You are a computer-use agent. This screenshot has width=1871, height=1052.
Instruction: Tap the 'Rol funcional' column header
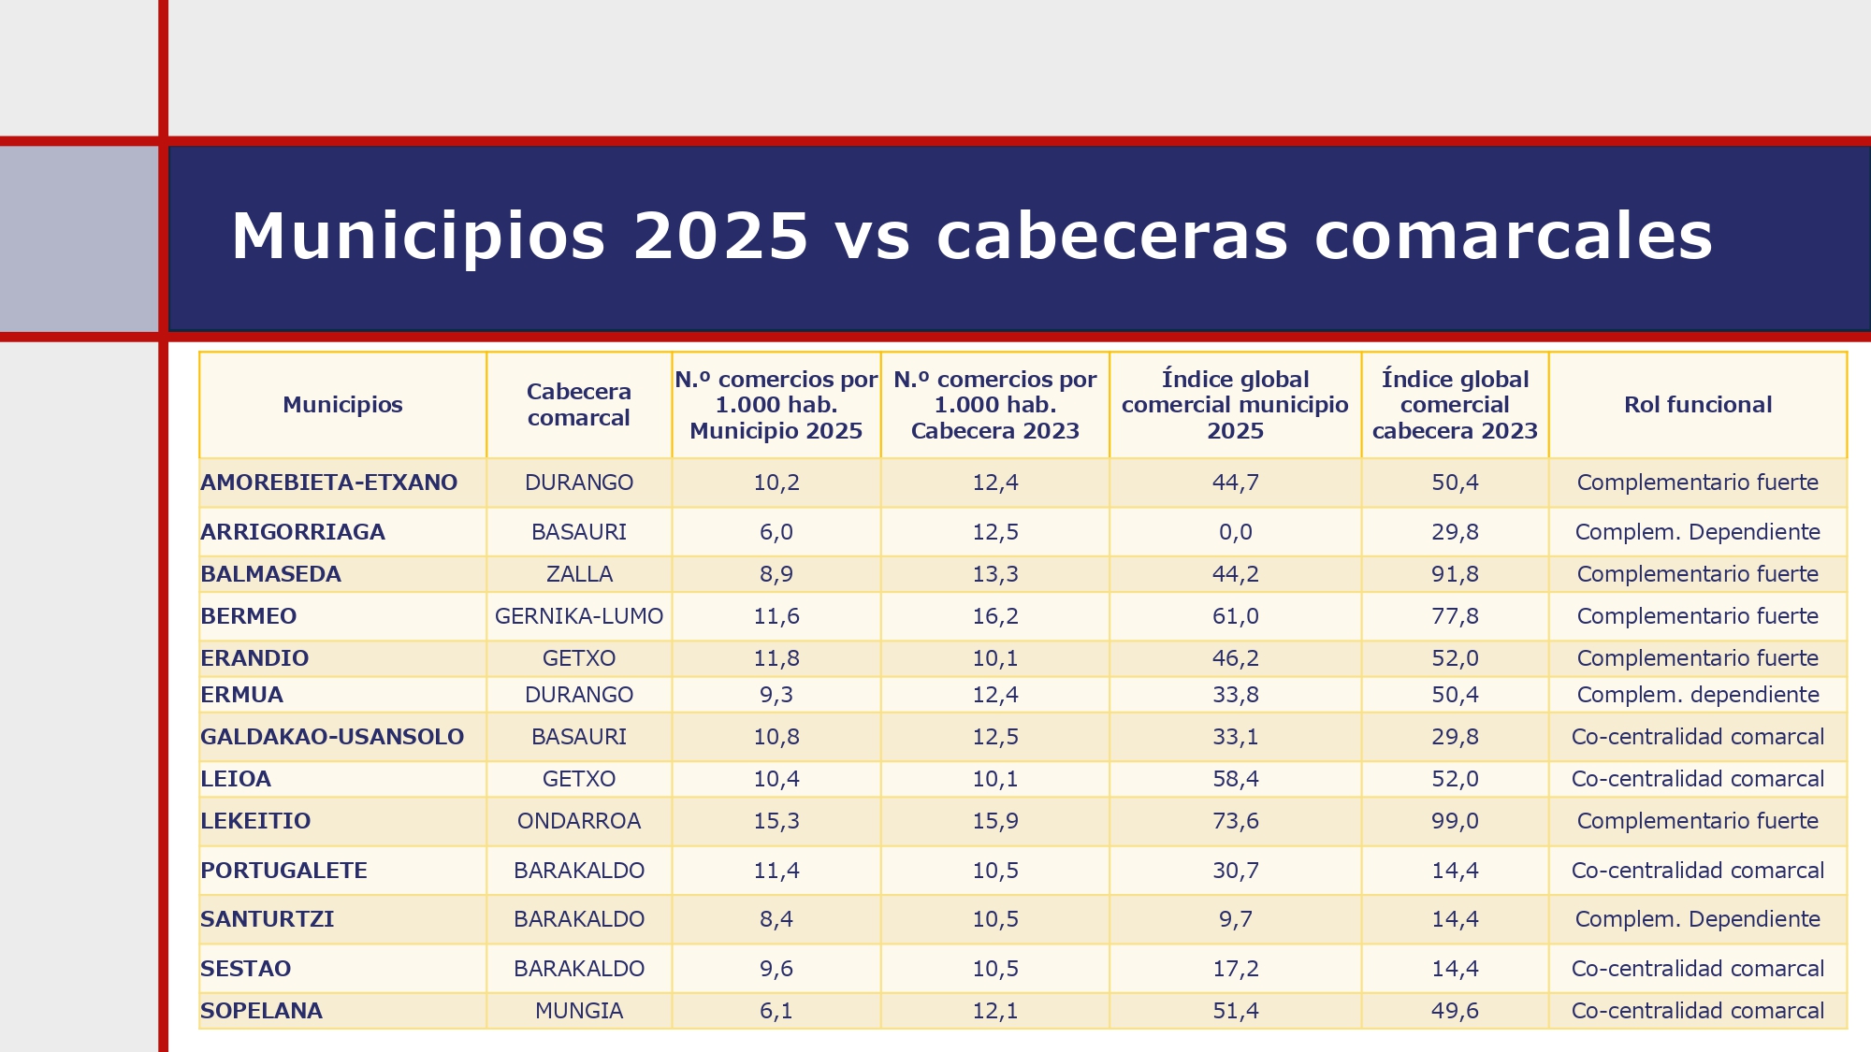click(1697, 405)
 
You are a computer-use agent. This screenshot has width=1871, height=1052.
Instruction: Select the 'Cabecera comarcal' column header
click(578, 405)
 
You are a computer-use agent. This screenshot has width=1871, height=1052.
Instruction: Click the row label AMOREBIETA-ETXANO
click(328, 483)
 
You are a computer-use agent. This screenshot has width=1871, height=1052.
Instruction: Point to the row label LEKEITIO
click(255, 821)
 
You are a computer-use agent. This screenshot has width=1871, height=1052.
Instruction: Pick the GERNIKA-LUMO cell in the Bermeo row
click(578, 616)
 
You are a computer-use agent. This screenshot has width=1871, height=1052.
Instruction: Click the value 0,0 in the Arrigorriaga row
click(1235, 532)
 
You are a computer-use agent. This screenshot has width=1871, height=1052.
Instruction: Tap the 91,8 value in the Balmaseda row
click(1455, 574)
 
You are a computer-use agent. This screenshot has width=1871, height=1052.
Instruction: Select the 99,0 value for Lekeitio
click(1455, 821)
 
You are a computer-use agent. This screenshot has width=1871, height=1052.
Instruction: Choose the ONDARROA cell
click(578, 821)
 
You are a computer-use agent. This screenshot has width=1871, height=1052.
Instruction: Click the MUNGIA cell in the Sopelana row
click(578, 1011)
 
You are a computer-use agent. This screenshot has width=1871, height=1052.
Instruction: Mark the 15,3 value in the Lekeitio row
click(776, 821)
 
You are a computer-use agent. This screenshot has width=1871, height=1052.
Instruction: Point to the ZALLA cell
click(578, 574)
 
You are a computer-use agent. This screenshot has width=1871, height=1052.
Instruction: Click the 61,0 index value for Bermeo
click(1235, 616)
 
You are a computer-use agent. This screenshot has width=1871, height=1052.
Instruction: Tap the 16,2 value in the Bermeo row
click(994, 616)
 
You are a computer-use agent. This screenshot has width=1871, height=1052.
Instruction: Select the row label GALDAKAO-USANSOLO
click(332, 737)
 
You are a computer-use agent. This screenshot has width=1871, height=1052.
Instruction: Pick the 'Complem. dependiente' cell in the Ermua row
click(1697, 695)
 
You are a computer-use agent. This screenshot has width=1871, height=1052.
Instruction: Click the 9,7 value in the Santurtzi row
click(1235, 919)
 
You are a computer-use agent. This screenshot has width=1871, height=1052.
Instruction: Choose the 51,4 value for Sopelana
click(1235, 1011)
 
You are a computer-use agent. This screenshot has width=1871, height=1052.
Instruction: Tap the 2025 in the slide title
click(720, 236)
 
